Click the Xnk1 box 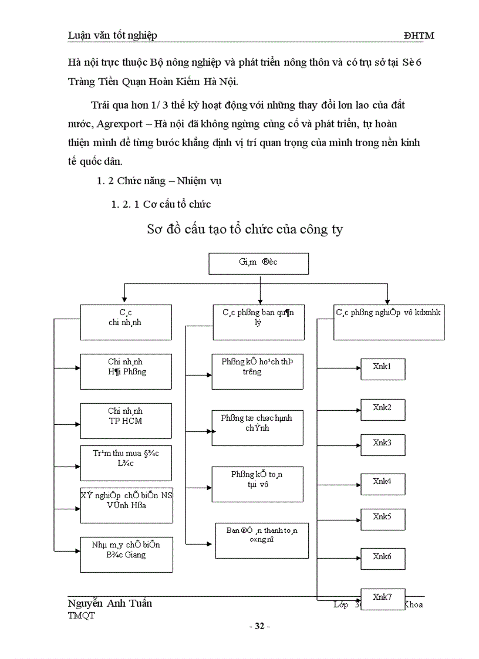click(382, 369)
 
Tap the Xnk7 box click(382, 599)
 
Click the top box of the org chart click(258, 263)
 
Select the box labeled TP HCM click(126, 420)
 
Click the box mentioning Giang click(126, 554)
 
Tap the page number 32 click(259, 626)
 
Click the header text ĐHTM click(419, 36)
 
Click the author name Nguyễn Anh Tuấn click(110, 603)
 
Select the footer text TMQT click(81, 616)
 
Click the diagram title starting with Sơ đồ click(245, 229)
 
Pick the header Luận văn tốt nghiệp click(112, 36)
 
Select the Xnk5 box click(382, 520)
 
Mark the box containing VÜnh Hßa click(126, 505)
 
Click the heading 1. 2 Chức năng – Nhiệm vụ click(159, 181)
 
